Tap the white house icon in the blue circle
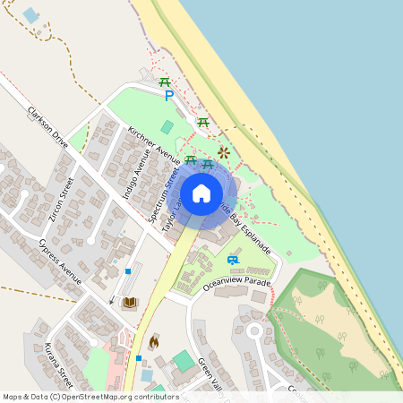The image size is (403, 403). pos(201,193)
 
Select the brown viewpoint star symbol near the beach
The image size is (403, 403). pos(223,153)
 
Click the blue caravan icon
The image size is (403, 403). pos(233,260)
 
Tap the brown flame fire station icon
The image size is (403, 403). pos(153,341)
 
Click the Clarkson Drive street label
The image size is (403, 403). pos(47,127)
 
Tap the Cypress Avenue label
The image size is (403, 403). pos(61,262)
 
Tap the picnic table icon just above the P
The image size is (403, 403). pos(166,82)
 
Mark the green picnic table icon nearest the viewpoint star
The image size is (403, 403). pos(208,164)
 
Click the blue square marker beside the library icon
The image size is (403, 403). pos(129,270)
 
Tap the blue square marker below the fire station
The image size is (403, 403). pos(139,358)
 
